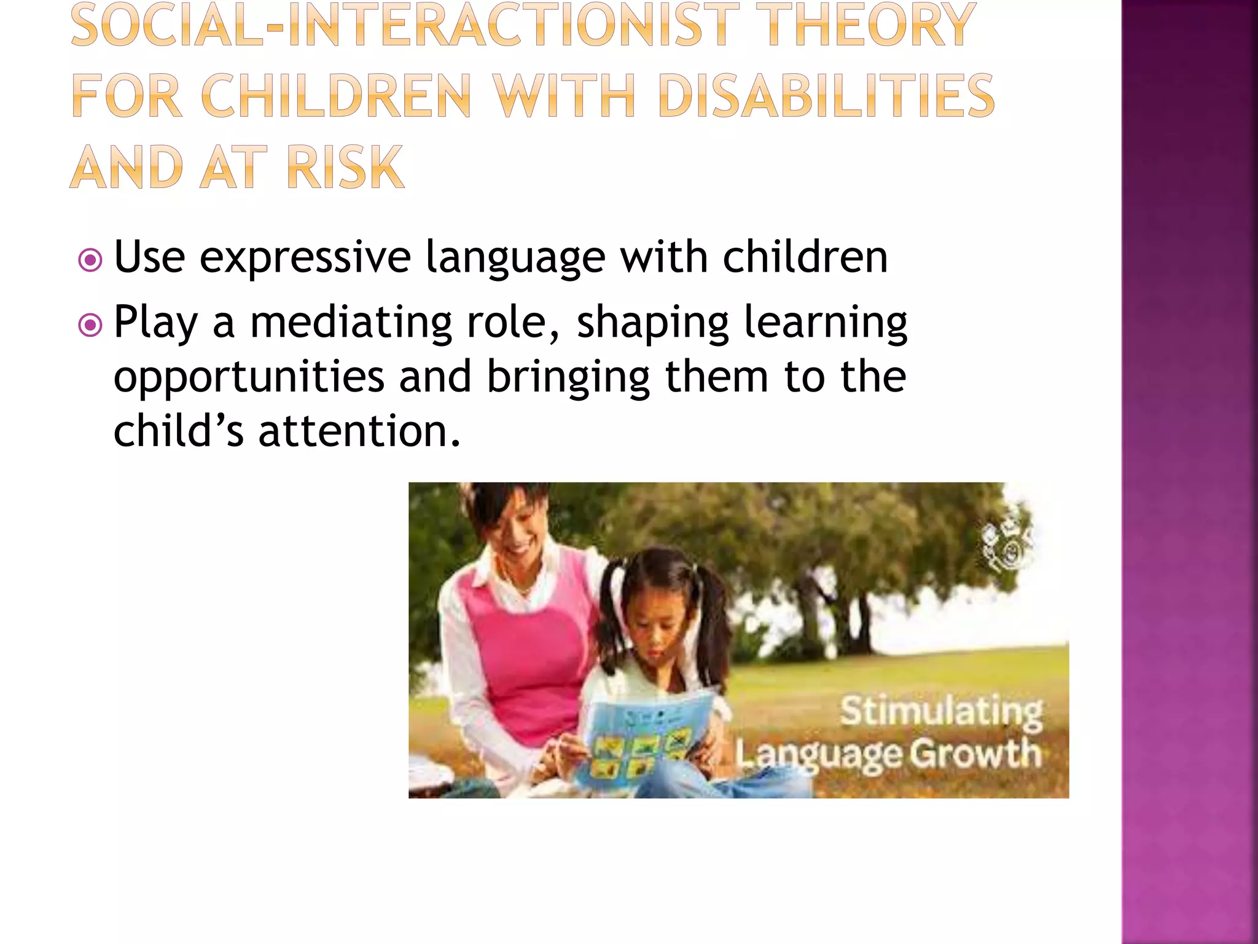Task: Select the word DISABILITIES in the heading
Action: click(826, 96)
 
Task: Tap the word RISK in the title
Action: click(345, 167)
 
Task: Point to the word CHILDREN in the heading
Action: click(335, 96)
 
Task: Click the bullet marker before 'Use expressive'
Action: click(90, 260)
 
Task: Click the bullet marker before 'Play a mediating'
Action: click(90, 324)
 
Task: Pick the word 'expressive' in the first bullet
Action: click(305, 258)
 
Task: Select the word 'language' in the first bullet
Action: click(515, 259)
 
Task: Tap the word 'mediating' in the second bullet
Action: click(351, 323)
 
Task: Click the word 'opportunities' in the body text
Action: click(249, 377)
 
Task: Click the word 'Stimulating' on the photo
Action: click(940, 712)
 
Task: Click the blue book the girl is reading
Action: click(642, 737)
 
